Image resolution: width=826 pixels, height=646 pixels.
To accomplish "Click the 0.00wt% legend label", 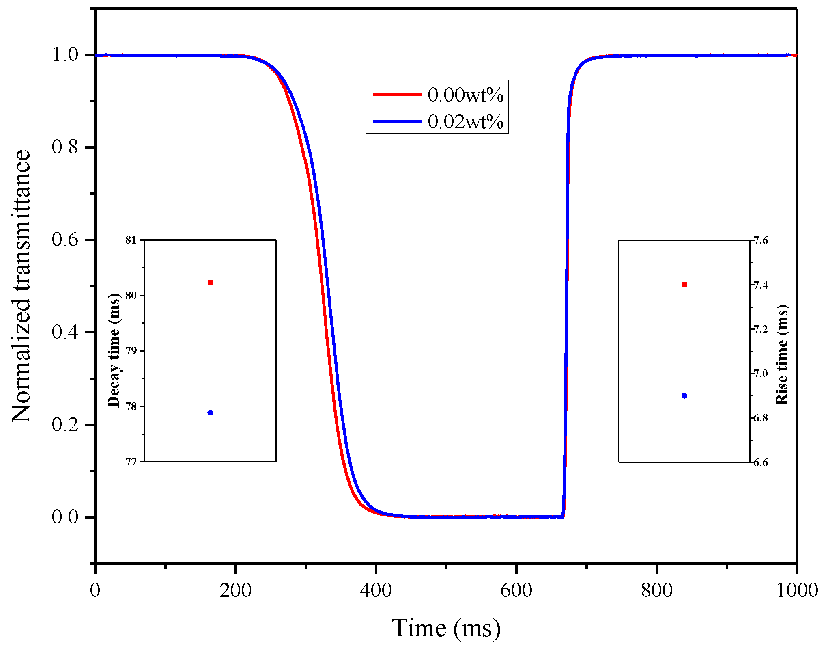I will [x=465, y=95].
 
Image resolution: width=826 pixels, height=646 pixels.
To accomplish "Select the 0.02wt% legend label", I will [x=465, y=122].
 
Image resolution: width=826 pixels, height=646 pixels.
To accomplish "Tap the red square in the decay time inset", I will [x=210, y=283].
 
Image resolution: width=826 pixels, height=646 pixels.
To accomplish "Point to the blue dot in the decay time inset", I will [x=210, y=413].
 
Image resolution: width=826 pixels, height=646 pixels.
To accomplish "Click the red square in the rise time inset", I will [x=684, y=285].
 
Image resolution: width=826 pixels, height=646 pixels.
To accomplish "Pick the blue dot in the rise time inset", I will [x=684, y=396].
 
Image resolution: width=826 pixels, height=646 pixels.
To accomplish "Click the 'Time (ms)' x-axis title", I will [x=446, y=628].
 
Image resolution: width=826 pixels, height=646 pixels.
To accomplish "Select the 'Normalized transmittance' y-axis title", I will [x=21, y=286].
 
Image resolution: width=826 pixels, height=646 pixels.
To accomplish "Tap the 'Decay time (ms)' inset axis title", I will [x=114, y=350].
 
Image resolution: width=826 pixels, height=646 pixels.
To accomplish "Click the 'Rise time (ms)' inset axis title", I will [x=782, y=354].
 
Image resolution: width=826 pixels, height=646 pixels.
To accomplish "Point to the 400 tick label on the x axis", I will [x=376, y=590].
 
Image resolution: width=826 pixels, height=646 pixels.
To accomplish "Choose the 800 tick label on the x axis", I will [x=657, y=590].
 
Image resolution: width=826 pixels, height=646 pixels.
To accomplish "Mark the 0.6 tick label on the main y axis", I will [x=65, y=240].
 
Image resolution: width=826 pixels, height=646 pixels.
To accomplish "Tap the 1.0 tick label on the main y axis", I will [x=65, y=55].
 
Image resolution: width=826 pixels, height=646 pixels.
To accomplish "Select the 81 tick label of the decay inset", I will [x=131, y=240].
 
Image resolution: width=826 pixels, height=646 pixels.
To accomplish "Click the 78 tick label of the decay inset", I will [x=131, y=406].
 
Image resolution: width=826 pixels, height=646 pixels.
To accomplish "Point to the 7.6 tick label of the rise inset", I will [x=761, y=241].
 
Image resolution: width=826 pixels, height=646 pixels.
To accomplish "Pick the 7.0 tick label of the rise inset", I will [x=761, y=374].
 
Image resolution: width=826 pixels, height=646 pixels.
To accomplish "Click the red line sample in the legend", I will [x=398, y=95].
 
